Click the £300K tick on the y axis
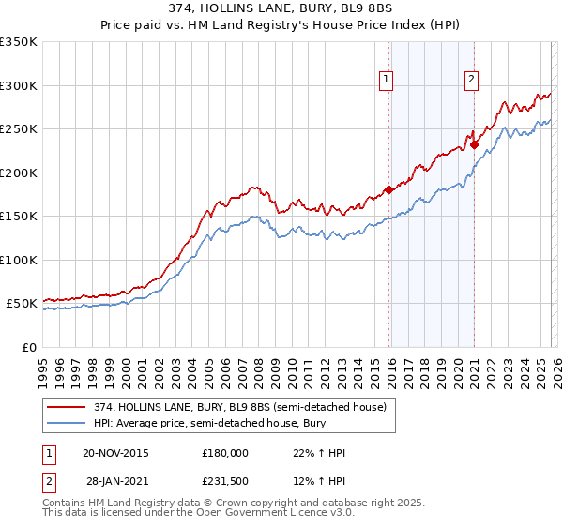(x=19, y=85)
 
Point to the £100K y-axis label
(x=19, y=260)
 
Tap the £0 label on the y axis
(x=28, y=347)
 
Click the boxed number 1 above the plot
(x=388, y=80)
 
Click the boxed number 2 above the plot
(x=471, y=80)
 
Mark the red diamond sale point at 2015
(x=388, y=190)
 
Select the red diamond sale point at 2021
(x=475, y=144)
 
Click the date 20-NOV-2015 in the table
(x=115, y=453)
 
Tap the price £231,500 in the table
(x=225, y=481)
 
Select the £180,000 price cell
(x=225, y=453)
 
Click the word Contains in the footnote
(x=66, y=504)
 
